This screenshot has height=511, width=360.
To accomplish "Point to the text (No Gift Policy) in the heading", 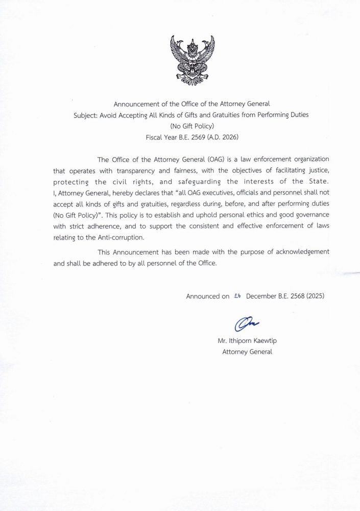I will pos(180,126).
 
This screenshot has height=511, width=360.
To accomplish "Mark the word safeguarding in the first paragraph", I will pos(207,182).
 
